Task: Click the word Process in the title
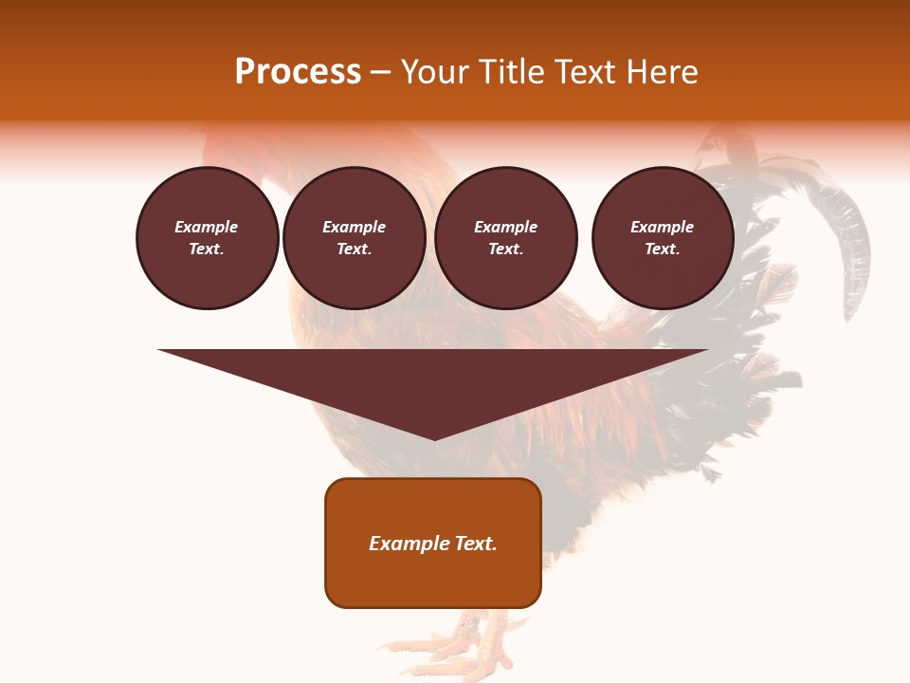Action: click(298, 72)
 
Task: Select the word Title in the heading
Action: click(515, 72)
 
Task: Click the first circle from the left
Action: click(207, 238)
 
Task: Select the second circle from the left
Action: click(354, 238)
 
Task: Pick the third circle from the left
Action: click(505, 238)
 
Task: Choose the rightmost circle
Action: click(662, 238)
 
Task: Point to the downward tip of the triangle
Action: click(434, 437)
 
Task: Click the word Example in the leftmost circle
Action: click(207, 228)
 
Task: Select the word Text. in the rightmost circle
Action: click(662, 249)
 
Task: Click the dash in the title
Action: click(380, 72)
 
